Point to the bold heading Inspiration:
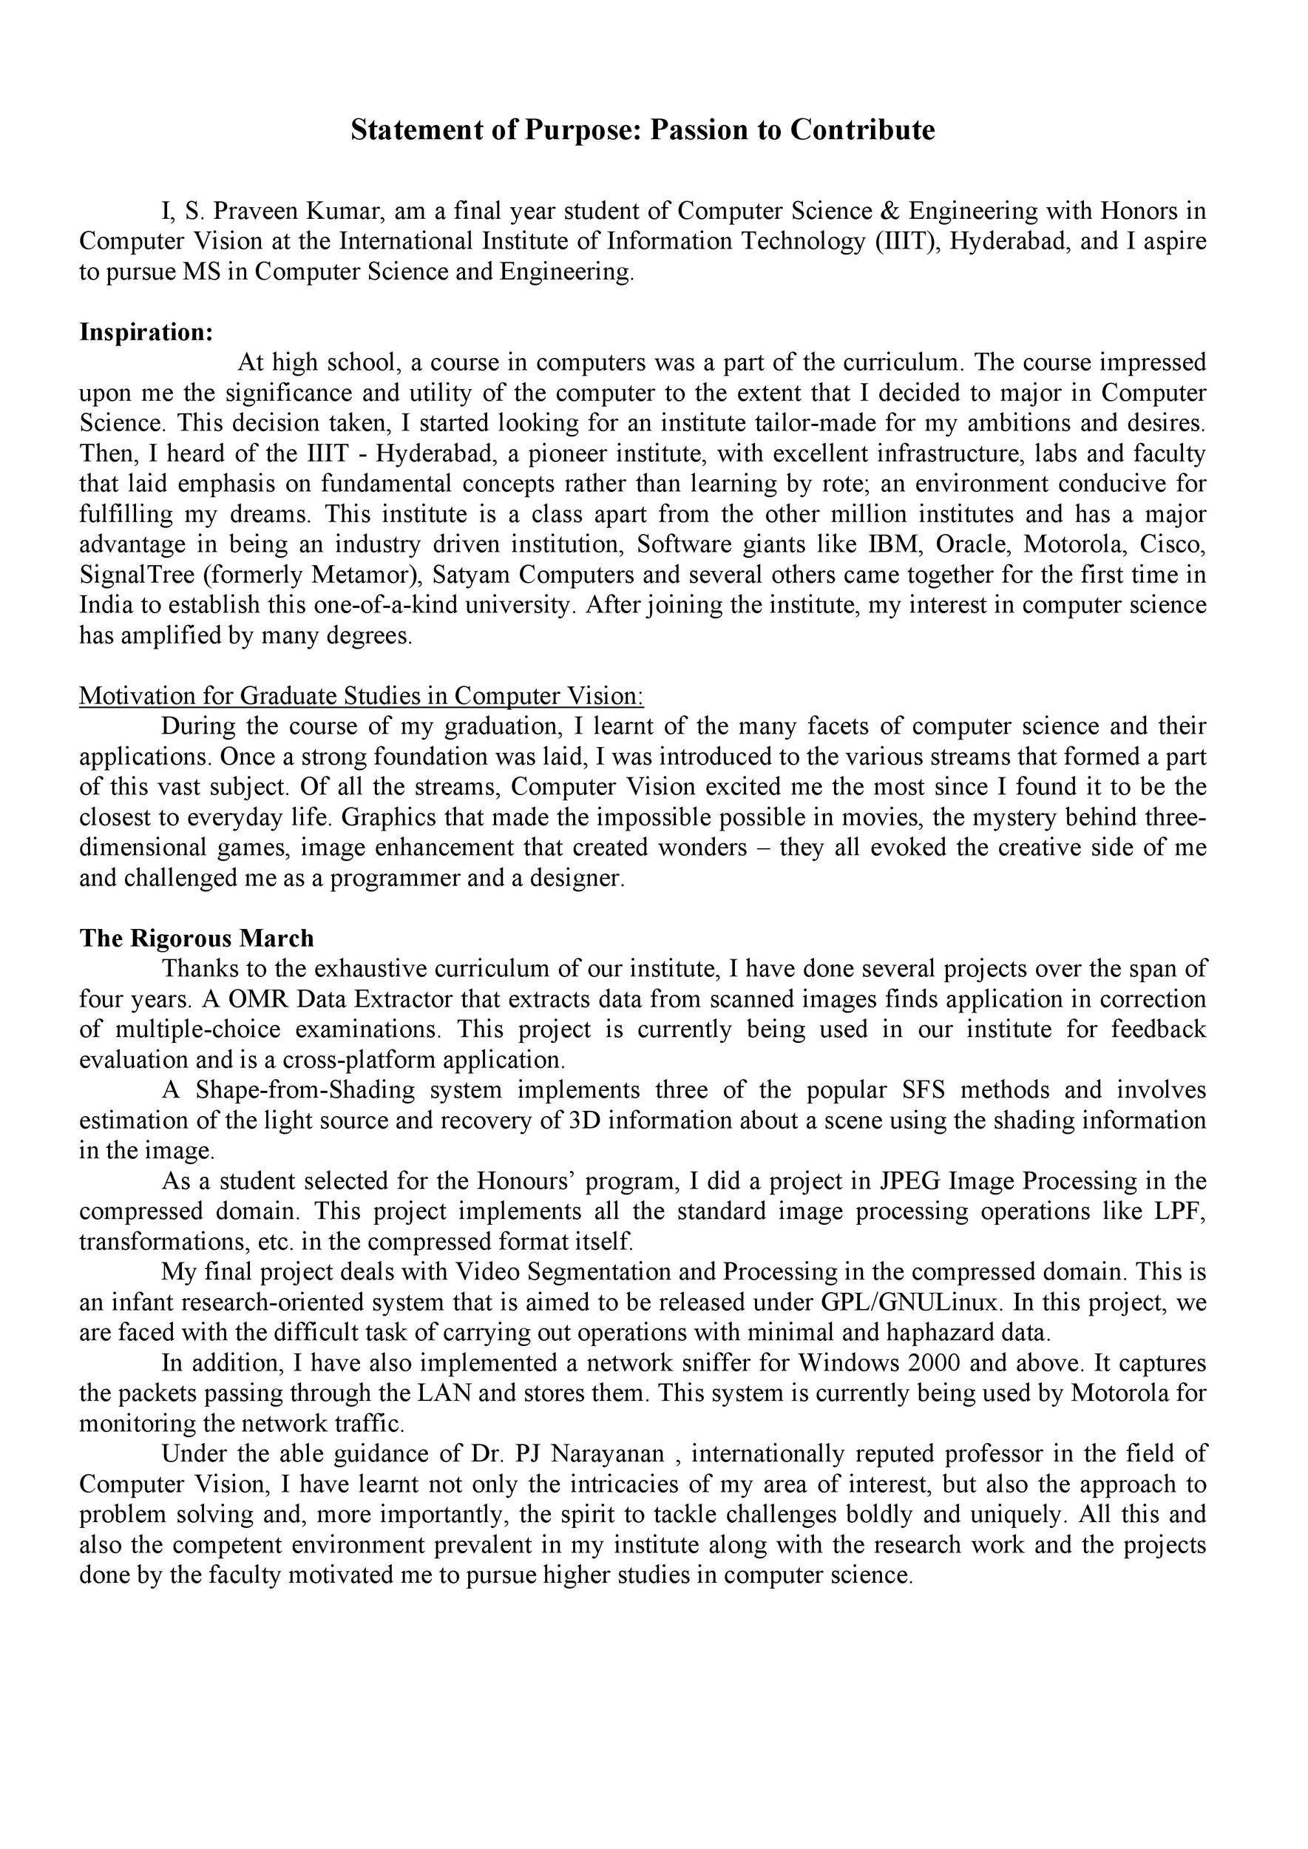pos(146,332)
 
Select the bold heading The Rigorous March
pos(197,939)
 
